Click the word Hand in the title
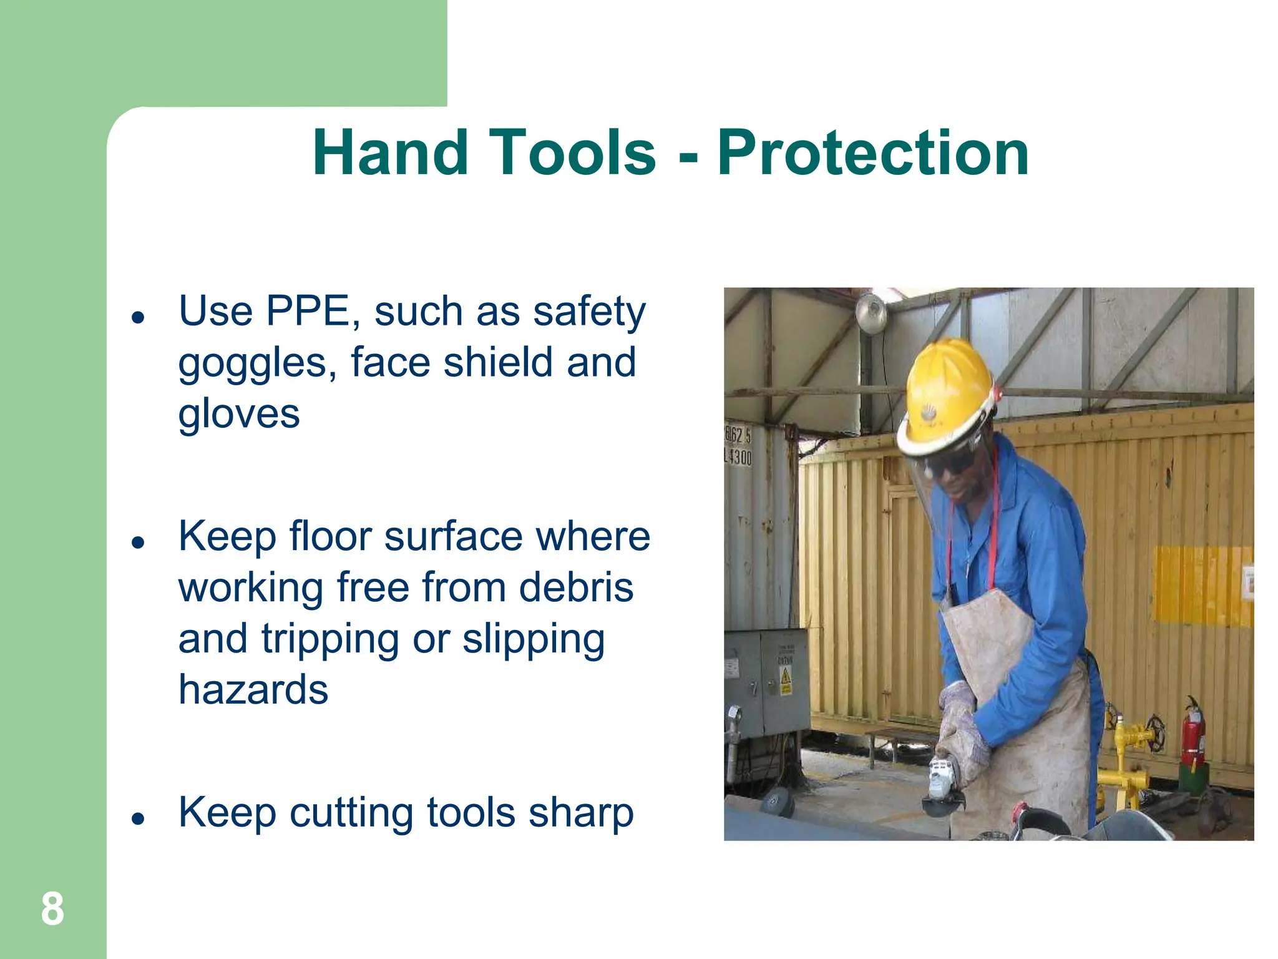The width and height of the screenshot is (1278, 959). tap(390, 153)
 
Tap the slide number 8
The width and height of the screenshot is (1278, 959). tap(52, 909)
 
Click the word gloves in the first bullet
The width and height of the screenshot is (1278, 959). tap(239, 414)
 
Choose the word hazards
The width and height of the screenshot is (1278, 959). tap(253, 690)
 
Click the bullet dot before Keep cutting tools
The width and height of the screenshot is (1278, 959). tap(138, 818)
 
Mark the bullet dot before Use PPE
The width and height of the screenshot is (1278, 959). tap(138, 317)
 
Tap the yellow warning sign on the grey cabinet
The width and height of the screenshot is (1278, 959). tap(786, 679)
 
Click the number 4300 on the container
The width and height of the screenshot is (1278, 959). tap(739, 457)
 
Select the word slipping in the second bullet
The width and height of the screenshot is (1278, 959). tap(534, 640)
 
